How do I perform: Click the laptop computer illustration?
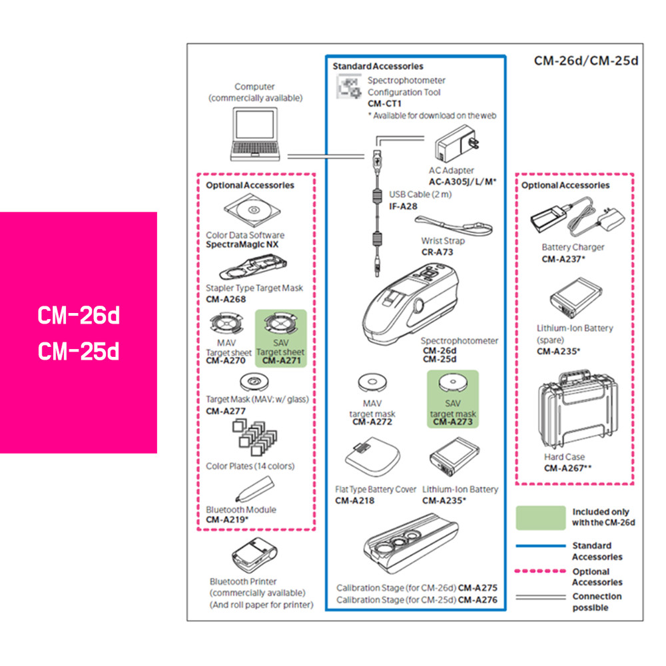pos(258,135)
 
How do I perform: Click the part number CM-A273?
pos(452,422)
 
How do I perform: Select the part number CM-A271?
pos(282,361)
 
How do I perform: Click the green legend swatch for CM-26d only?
pos(539,517)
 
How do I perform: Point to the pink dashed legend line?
pos(539,571)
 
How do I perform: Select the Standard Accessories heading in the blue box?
pos(378,67)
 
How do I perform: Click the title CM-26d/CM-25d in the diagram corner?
pos(586,61)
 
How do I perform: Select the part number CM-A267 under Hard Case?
pos(567,468)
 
